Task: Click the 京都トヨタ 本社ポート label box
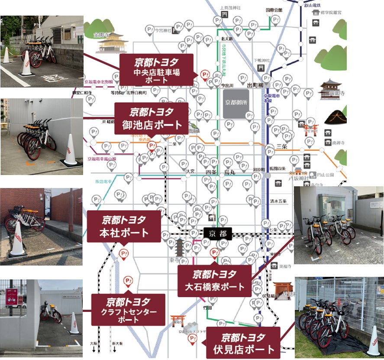coord(123,226)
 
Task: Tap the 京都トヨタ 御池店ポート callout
coord(152,118)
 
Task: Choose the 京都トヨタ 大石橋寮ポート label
coord(214,280)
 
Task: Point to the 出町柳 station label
coord(255,85)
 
